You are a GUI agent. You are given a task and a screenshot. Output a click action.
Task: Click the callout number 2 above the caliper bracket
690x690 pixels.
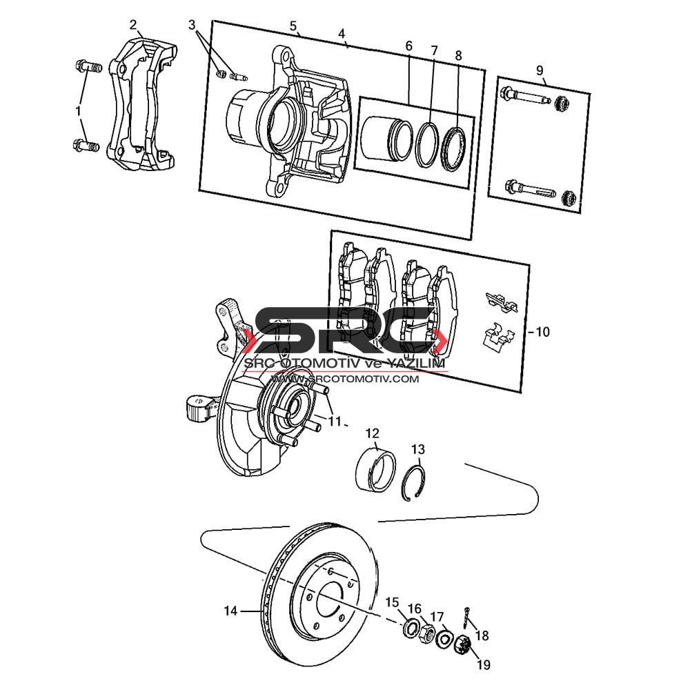tap(133, 25)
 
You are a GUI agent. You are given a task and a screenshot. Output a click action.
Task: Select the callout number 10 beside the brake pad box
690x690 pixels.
tap(543, 332)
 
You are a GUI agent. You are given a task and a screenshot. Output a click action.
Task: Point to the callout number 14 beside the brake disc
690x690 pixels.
tap(230, 611)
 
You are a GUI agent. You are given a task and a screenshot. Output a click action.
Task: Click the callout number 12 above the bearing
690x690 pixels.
tap(373, 433)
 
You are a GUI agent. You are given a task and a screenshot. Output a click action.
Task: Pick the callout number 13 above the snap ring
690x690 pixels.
tap(418, 449)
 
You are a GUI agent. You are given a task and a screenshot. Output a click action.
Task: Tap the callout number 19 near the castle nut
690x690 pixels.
tap(484, 664)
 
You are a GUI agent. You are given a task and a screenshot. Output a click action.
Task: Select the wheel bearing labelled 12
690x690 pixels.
tap(375, 469)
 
